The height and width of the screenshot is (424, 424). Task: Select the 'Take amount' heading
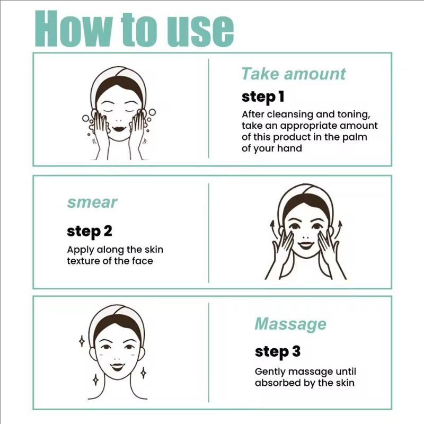pyautogui.click(x=293, y=74)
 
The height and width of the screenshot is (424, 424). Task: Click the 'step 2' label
pyautogui.click(x=89, y=231)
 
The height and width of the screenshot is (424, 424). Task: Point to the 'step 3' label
pyautogui.click(x=277, y=351)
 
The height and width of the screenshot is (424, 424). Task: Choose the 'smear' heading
pyautogui.click(x=92, y=202)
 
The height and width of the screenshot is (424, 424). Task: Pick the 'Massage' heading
pyautogui.click(x=290, y=323)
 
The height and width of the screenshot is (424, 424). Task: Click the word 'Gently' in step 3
pyautogui.click(x=270, y=372)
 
